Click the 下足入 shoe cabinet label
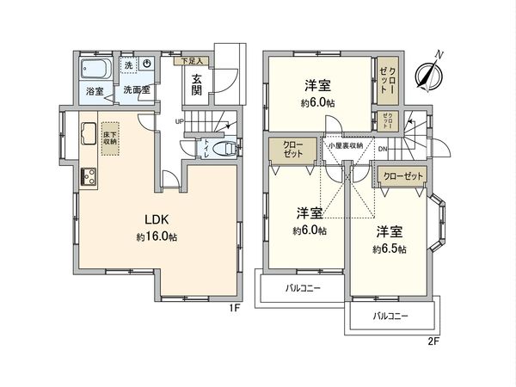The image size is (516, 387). (x=191, y=62)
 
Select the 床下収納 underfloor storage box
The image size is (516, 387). (x=110, y=139)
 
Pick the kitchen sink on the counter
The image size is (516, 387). (x=88, y=133)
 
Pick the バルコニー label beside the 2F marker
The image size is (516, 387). (x=391, y=316)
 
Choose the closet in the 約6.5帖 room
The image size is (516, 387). (x=403, y=176)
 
